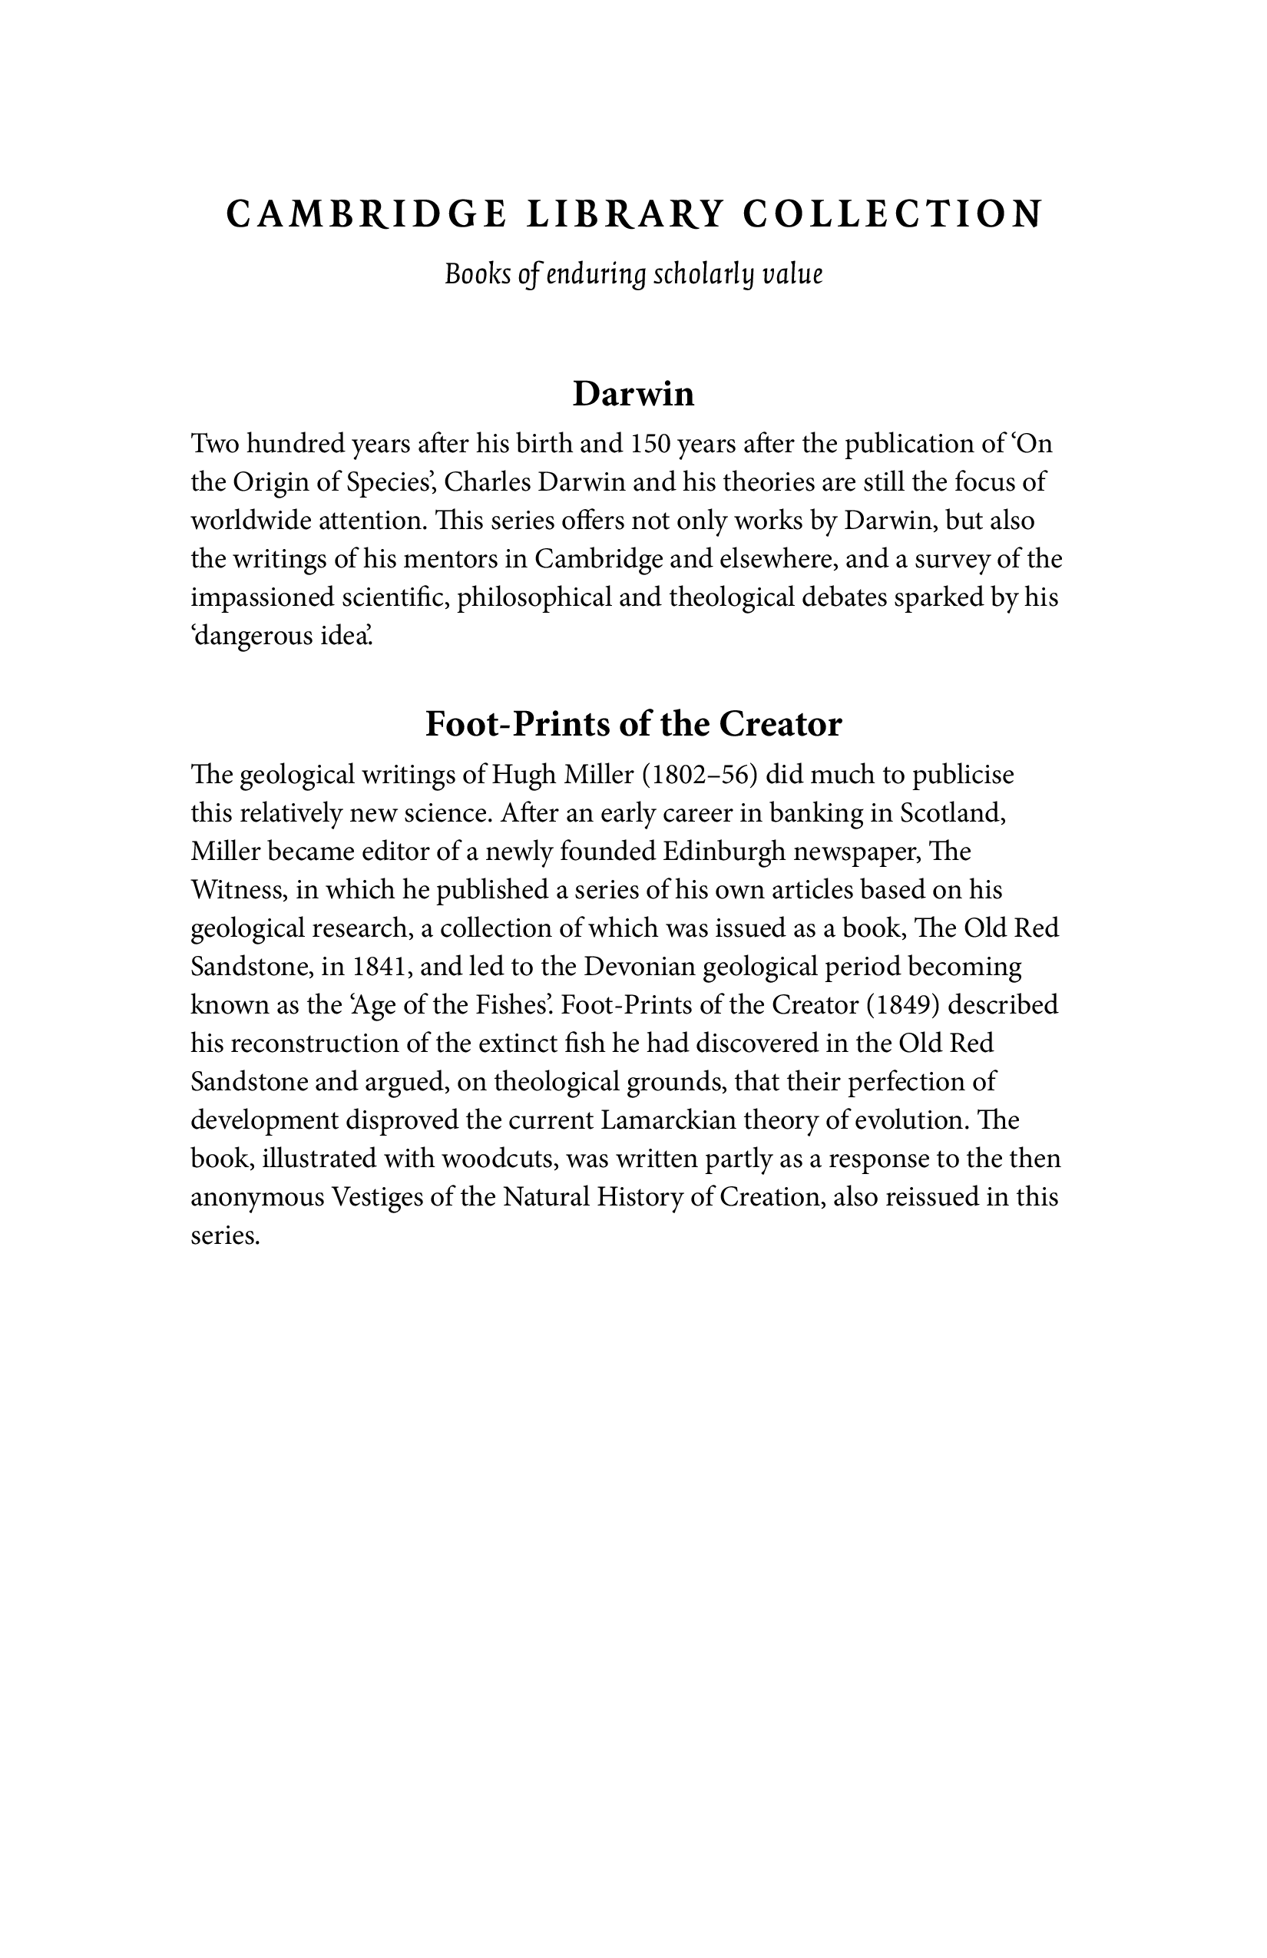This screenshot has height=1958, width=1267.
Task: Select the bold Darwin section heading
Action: click(x=633, y=394)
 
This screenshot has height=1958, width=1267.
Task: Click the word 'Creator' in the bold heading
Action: click(x=780, y=724)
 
